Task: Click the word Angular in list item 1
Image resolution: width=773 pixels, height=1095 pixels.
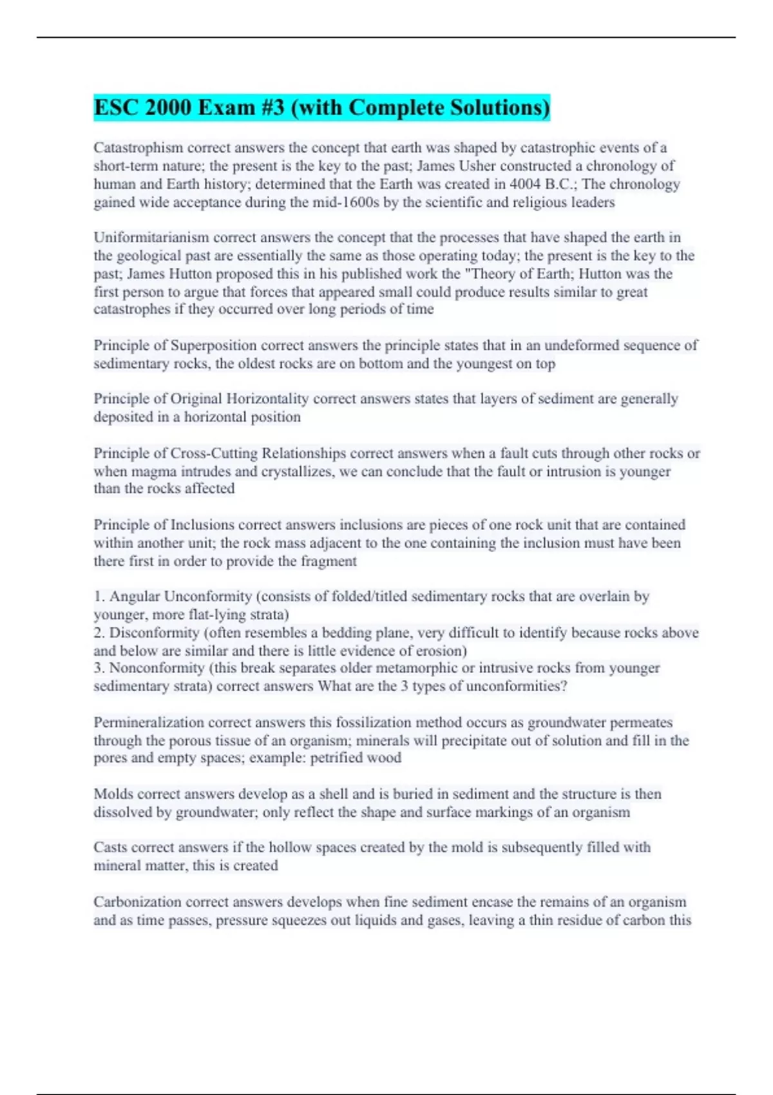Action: tap(135, 596)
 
